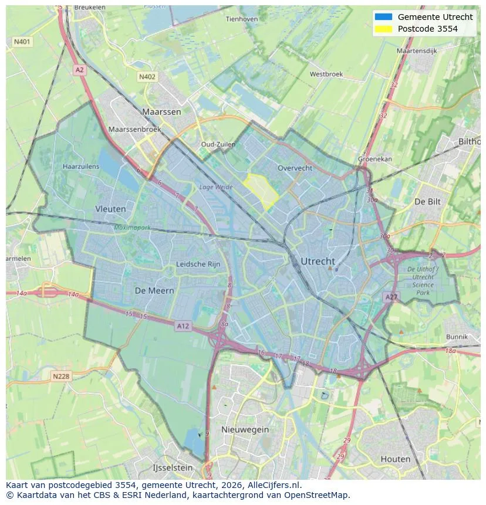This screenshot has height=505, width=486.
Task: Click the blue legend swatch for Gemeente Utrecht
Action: pyautogui.click(x=383, y=17)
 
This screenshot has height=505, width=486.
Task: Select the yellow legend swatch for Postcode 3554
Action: pyautogui.click(x=383, y=29)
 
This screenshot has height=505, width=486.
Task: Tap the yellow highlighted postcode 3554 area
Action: pyautogui.click(x=261, y=191)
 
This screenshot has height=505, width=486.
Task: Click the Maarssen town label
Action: pyautogui.click(x=161, y=111)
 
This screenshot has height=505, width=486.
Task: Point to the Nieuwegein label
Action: pyautogui.click(x=245, y=429)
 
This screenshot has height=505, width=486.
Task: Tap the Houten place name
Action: pyautogui.click(x=395, y=459)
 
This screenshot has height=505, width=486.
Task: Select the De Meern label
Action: pyautogui.click(x=154, y=291)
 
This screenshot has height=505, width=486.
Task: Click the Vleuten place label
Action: pyautogui.click(x=110, y=209)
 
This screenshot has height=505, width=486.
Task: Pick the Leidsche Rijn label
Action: pyautogui.click(x=198, y=265)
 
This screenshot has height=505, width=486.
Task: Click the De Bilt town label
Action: pyautogui.click(x=427, y=201)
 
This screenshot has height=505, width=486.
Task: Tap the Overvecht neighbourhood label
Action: pyautogui.click(x=295, y=168)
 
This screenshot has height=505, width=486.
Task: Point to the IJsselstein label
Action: pyautogui.click(x=173, y=468)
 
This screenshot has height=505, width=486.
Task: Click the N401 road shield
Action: pyautogui.click(x=22, y=42)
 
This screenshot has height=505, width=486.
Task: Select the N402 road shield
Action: pyautogui.click(x=147, y=77)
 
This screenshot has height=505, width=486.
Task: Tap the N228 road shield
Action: pyautogui.click(x=62, y=377)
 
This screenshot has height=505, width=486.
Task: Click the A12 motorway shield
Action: pyautogui.click(x=183, y=326)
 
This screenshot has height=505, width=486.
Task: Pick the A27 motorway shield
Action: pyautogui.click(x=392, y=297)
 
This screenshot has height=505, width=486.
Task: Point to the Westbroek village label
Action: pyautogui.click(x=326, y=74)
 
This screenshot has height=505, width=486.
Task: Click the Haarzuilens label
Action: pyautogui.click(x=81, y=167)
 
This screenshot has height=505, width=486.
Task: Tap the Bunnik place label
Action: pyautogui.click(x=456, y=337)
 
